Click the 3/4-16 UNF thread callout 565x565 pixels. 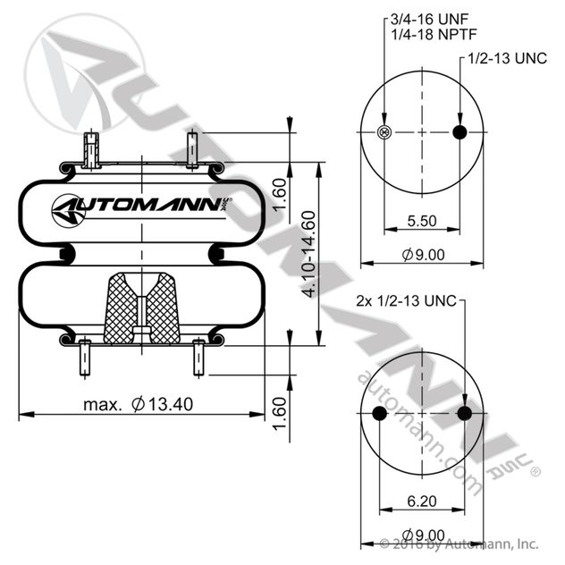[429, 19]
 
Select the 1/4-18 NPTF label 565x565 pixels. [434, 34]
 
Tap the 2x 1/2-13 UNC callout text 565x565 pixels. [406, 300]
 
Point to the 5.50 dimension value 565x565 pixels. [422, 221]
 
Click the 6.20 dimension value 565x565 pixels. [422, 501]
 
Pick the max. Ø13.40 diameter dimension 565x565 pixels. [139, 404]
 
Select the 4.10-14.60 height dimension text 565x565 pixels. [308, 255]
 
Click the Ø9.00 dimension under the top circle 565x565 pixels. [423, 255]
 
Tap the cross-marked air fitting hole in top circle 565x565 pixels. [384, 132]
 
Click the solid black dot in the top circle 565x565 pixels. [460, 132]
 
